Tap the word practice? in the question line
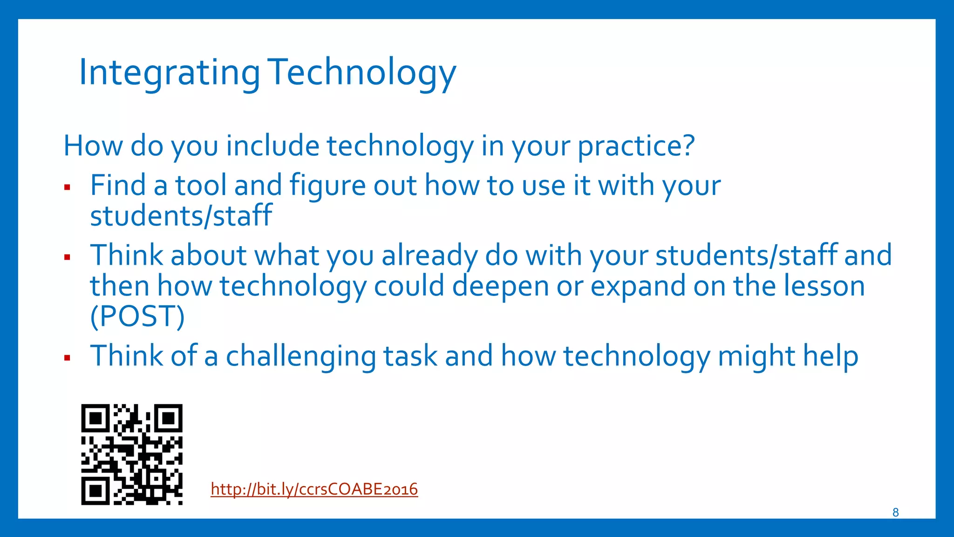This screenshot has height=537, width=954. click(636, 146)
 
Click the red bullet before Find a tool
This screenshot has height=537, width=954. click(67, 187)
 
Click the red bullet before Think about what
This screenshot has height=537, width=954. click(67, 257)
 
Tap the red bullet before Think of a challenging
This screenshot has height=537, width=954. click(67, 358)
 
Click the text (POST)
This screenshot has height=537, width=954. click(137, 317)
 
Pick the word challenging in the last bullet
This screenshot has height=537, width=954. click(300, 357)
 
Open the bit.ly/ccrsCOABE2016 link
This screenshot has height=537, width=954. click(314, 489)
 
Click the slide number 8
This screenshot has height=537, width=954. click(895, 512)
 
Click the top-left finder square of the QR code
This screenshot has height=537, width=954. click(95, 418)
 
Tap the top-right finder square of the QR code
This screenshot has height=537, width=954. click(168, 418)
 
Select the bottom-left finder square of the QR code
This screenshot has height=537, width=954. click(95, 491)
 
